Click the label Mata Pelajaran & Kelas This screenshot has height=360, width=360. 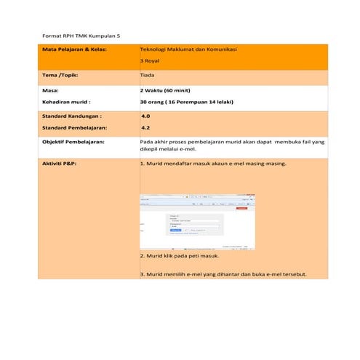(x=74, y=49)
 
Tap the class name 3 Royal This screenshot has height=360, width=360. (x=149, y=61)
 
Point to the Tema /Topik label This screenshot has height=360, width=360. (x=60, y=75)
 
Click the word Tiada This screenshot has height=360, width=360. (x=146, y=75)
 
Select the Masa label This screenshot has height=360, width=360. (x=51, y=90)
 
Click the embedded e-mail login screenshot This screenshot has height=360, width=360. (x=197, y=222)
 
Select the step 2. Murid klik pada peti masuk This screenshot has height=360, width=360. (x=179, y=257)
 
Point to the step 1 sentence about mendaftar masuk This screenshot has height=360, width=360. (x=212, y=164)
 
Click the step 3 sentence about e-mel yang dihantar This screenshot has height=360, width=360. (x=223, y=274)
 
